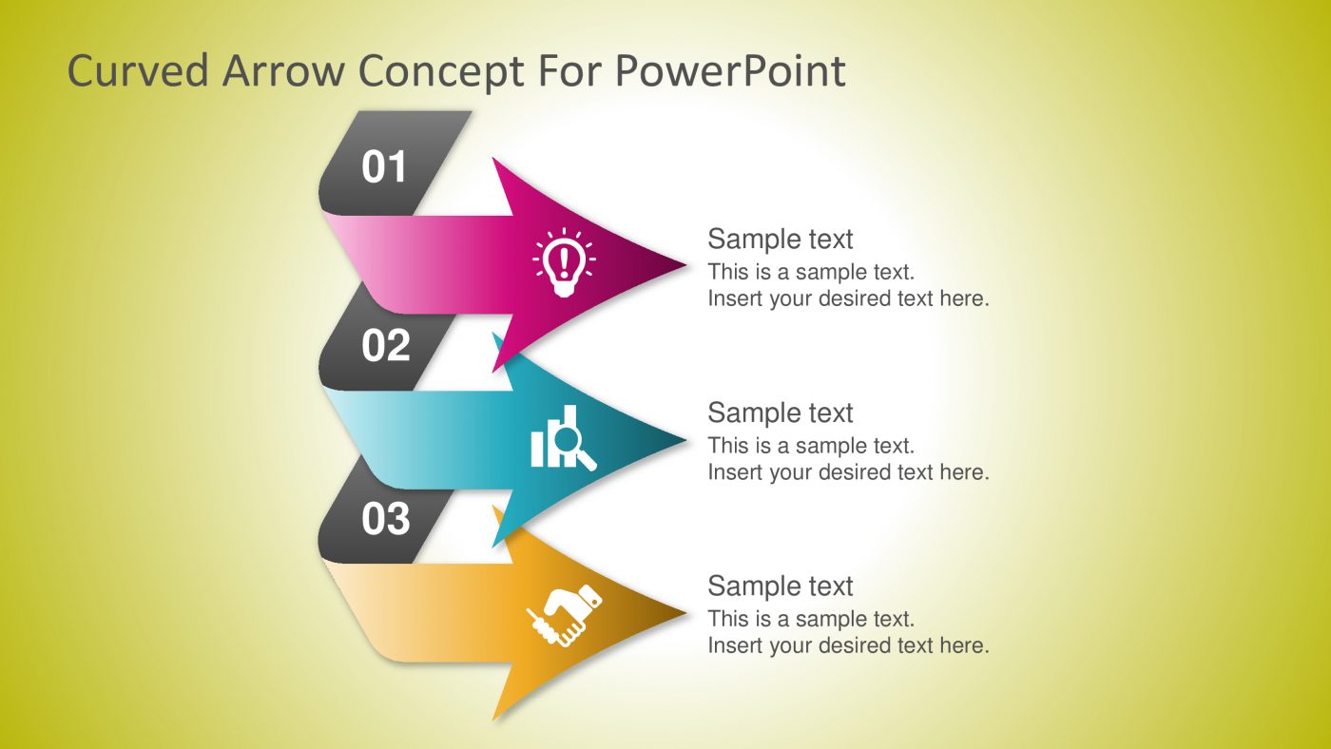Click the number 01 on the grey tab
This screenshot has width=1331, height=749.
pos(384,167)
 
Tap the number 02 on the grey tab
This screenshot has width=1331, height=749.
pos(385,346)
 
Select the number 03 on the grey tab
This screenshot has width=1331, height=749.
pos(385,519)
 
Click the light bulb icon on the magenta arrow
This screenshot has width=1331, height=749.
pos(565,262)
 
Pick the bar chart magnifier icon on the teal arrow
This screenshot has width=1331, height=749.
pos(563,439)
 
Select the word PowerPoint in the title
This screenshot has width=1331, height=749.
pos(729,71)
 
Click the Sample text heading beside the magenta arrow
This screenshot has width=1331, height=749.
pos(781,239)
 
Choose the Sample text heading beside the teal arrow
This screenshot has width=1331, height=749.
pos(781,413)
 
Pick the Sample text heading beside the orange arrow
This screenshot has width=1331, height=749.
pos(781,586)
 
